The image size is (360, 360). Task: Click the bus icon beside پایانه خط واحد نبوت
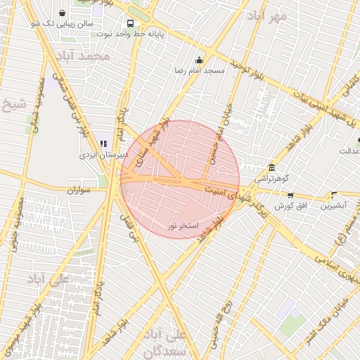tap(130, 22)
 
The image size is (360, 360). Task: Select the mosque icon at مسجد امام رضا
tap(199, 60)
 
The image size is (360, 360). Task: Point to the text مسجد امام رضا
tap(199, 71)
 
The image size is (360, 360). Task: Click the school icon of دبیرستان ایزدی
tap(104, 143)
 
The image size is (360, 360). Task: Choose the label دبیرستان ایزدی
tap(102, 155)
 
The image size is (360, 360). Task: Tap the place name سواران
tap(80, 191)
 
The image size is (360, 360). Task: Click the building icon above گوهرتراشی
tap(272, 167)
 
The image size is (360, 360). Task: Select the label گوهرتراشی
tap(272, 179)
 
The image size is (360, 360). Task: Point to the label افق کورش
tap(288, 206)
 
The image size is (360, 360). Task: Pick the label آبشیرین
tap(333, 206)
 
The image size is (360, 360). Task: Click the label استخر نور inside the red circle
tap(184, 226)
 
